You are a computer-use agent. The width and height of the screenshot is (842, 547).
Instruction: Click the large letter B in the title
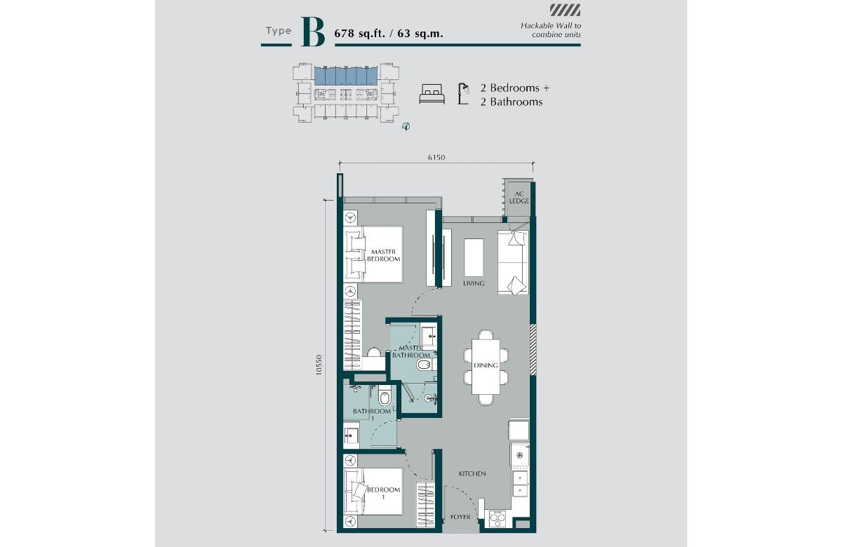point(313,32)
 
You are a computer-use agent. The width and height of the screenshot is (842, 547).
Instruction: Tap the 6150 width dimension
point(436,157)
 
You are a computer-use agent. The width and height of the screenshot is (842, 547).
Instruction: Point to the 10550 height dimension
point(319,365)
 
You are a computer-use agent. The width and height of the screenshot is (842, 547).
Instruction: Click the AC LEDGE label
point(519,198)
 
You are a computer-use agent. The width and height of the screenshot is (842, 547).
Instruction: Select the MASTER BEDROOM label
point(383,255)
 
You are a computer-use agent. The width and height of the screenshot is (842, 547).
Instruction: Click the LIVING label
point(474,283)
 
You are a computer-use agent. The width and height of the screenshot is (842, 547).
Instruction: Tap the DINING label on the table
point(486,365)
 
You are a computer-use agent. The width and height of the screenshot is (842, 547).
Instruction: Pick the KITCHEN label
point(472,474)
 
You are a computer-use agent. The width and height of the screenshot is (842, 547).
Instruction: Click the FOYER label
point(460,517)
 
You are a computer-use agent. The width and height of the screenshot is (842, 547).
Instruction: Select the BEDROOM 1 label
point(383,493)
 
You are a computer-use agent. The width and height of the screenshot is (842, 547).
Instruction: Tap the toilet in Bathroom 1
point(385,396)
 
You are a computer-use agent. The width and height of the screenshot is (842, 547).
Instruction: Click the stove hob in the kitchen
point(497,519)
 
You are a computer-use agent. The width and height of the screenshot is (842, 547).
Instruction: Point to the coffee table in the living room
point(474,258)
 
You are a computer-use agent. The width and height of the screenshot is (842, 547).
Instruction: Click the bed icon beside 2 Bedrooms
point(432,94)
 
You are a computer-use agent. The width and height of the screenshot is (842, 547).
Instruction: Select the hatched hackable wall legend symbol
point(566,10)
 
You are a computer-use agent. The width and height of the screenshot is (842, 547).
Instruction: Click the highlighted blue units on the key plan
point(346,76)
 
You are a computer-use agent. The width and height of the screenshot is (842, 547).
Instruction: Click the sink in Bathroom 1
point(351,435)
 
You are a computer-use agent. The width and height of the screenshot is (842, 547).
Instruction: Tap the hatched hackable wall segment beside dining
point(533,349)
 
